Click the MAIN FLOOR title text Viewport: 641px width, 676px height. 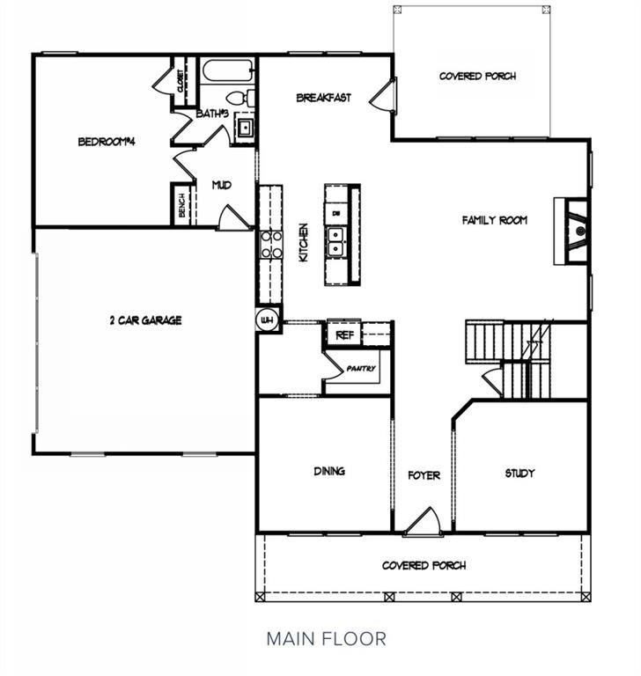pyautogui.click(x=326, y=637)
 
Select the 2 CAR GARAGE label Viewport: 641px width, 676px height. pyautogui.click(x=144, y=320)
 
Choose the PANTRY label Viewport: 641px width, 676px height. pyautogui.click(x=361, y=368)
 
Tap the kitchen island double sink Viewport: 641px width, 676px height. pyautogui.click(x=336, y=242)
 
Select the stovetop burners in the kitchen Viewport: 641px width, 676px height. pyautogui.click(x=270, y=244)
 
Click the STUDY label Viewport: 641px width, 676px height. pyautogui.click(x=519, y=473)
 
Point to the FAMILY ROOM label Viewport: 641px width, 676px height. pyautogui.click(x=494, y=220)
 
